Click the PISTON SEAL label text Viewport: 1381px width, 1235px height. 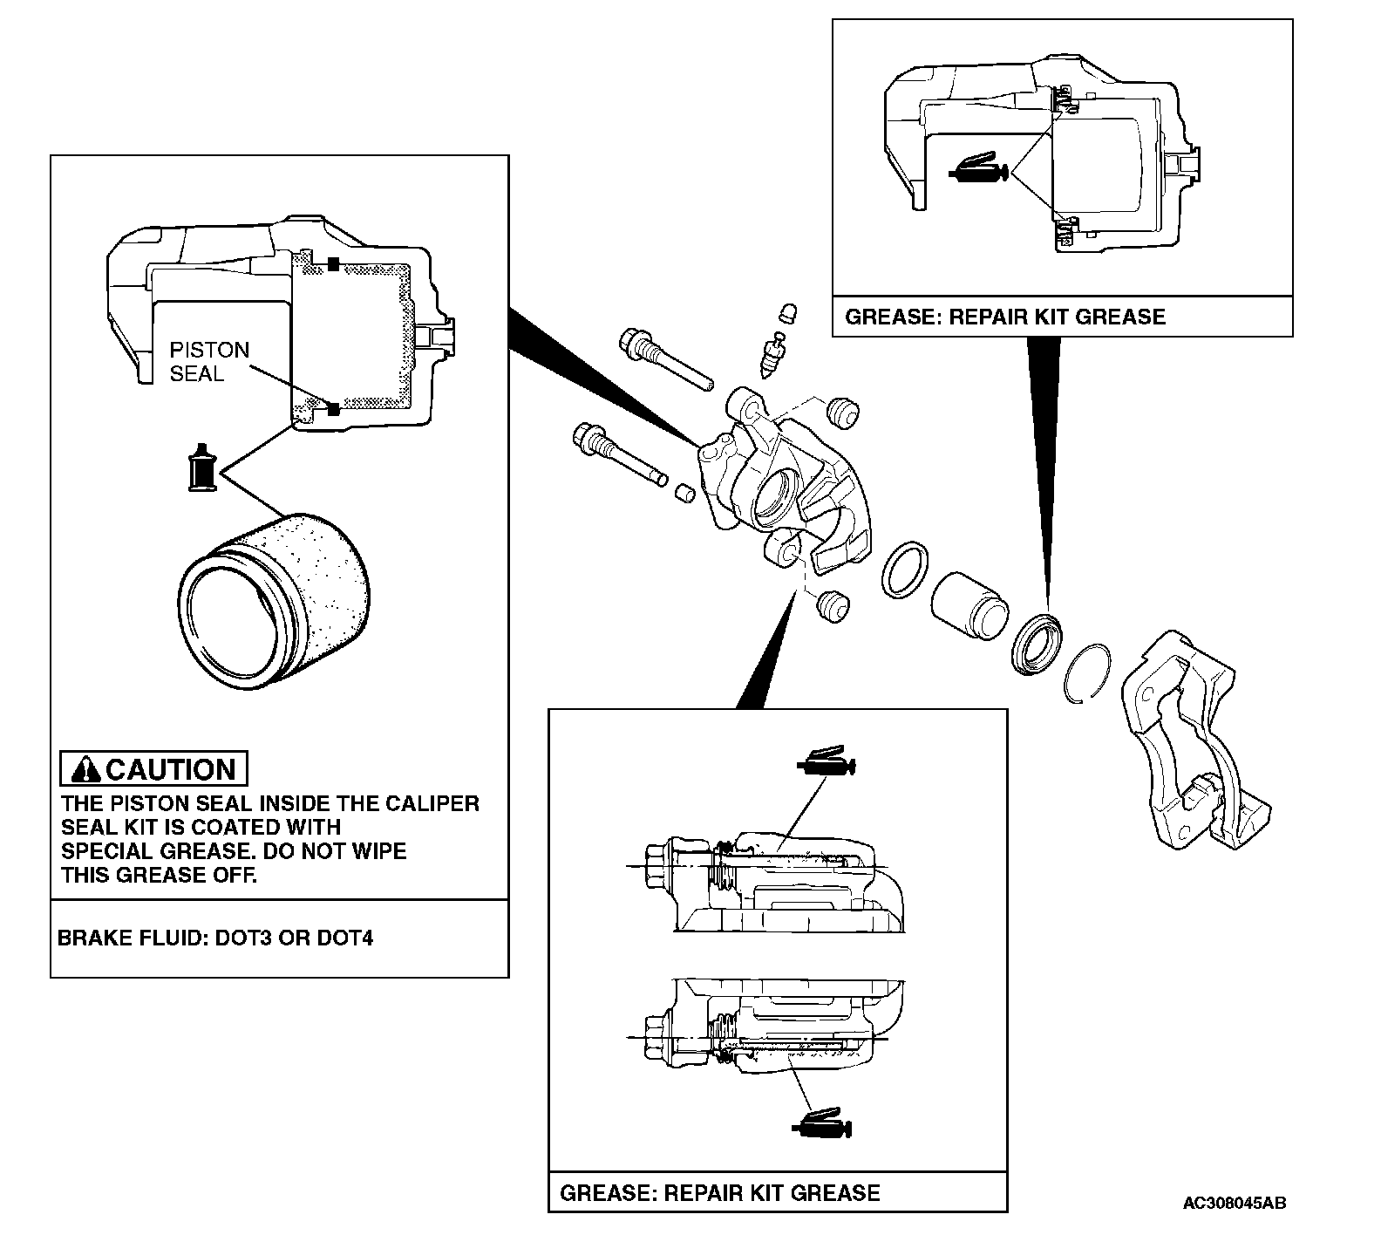208,361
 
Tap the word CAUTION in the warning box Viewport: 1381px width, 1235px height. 171,769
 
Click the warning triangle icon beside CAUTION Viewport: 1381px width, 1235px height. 86,769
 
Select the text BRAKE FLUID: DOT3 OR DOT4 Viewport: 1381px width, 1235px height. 215,939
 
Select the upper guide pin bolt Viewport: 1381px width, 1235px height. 663,358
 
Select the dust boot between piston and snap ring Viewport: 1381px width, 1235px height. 1037,644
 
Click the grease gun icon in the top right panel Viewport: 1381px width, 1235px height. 980,170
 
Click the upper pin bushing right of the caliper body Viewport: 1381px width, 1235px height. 842,409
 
